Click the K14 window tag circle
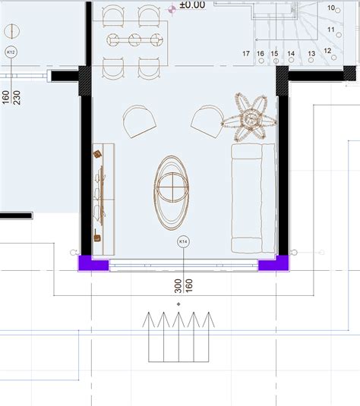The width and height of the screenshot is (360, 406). pos(183,241)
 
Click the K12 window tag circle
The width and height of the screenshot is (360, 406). pos(11,52)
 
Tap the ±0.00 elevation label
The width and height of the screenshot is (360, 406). pos(192,5)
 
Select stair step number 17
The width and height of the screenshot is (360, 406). pos(246,54)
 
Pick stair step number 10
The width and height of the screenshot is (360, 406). pos(331,8)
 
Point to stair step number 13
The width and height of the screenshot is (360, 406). pos(311,54)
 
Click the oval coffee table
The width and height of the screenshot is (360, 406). pos(172,193)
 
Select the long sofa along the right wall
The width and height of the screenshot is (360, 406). pos(253,198)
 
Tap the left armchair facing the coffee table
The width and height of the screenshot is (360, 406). pos(139,121)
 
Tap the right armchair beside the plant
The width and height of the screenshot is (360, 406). pos(207,121)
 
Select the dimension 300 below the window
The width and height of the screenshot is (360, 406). pos(178,286)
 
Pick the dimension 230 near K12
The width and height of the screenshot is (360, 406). pos(17,97)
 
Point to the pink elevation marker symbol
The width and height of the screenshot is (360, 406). pos(172,10)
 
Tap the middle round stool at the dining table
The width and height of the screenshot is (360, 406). pos(134,40)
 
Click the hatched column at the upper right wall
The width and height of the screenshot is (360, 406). pos(283,80)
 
